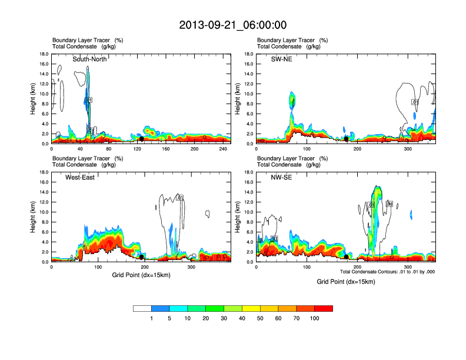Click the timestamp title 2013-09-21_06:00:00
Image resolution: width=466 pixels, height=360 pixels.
[233, 25]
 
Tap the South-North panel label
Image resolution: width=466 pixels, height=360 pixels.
[89, 59]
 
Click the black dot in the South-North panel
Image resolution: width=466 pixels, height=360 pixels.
[141, 139]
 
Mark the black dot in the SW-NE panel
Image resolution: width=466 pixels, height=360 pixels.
[347, 139]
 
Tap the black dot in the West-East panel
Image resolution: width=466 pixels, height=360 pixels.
[141, 257]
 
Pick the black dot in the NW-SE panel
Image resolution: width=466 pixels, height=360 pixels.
[347, 257]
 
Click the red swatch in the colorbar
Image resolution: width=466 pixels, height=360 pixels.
[324, 308]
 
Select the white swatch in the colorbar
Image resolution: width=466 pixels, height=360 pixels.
[142, 308]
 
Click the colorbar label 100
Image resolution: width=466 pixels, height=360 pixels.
[315, 318]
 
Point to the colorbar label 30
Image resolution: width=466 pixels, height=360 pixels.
[224, 318]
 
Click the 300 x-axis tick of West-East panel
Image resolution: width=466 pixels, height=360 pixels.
[191, 267]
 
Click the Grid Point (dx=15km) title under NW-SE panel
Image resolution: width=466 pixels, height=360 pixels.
[345, 282]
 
